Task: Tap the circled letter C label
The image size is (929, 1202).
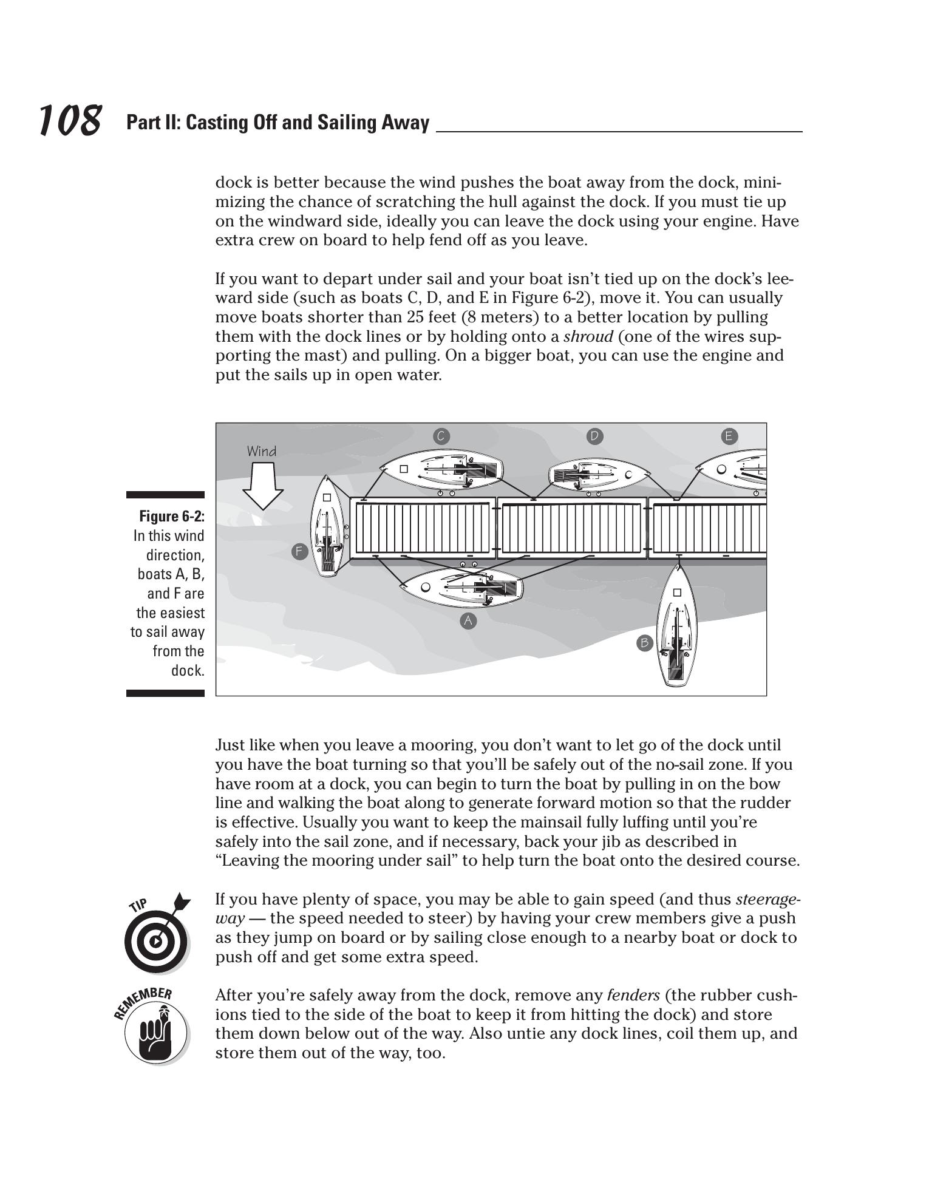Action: [441, 436]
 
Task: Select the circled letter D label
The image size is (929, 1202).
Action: [595, 436]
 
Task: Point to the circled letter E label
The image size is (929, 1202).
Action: [729, 436]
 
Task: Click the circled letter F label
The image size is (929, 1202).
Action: [299, 551]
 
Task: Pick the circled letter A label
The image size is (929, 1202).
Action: [468, 620]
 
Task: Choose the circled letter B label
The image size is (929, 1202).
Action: [644, 643]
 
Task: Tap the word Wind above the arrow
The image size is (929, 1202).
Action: [262, 451]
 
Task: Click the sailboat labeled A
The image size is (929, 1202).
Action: [461, 588]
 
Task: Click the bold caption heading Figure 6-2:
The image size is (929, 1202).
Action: [172, 516]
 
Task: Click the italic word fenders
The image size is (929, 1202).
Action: [633, 996]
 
